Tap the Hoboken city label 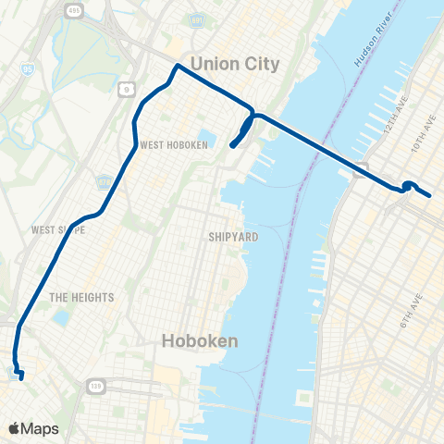pyautogui.click(x=200, y=340)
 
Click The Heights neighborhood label pyautogui.click(x=81, y=297)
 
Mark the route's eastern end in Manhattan pyautogui.click(x=430, y=195)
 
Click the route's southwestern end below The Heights pyautogui.click(x=21, y=376)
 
